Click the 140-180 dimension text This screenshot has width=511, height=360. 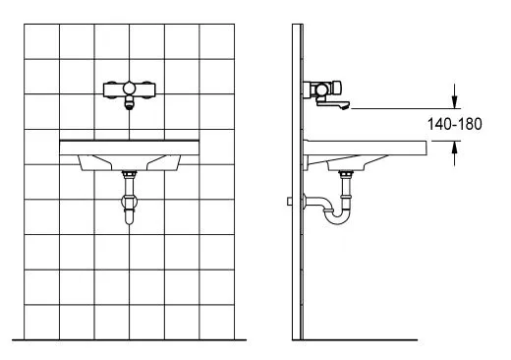pos(455,124)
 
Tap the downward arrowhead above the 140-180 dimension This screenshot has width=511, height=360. pos(454,102)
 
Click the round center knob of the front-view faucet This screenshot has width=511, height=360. pos(129,89)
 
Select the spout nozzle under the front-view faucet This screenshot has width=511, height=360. pos(130,104)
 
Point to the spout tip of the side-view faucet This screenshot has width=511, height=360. pos(345,106)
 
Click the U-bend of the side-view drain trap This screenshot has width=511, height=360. pos(337,217)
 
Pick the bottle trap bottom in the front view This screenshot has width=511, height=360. pos(130,217)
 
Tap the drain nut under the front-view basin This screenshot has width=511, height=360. pos(130,174)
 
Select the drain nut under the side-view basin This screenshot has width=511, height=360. pos(345,174)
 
